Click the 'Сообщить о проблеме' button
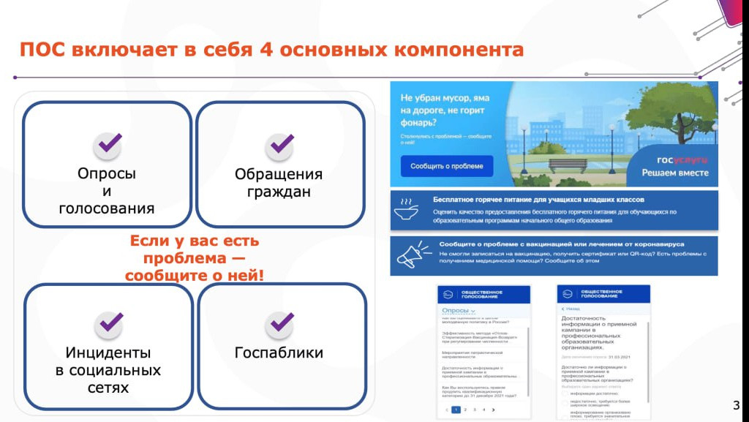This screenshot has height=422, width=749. click(x=446, y=166)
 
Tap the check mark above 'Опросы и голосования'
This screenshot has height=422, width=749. click(x=108, y=145)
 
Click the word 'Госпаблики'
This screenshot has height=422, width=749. click(x=279, y=353)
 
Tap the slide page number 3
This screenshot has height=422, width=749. click(x=736, y=405)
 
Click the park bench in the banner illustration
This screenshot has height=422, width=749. click(x=568, y=165)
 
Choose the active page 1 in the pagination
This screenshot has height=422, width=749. click(x=456, y=410)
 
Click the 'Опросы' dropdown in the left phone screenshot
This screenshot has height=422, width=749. click(x=459, y=311)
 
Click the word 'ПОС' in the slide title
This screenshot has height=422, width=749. click(x=42, y=50)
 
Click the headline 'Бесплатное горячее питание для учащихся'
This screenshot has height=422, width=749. click(x=538, y=200)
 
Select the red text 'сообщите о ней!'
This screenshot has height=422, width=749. click(x=194, y=276)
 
